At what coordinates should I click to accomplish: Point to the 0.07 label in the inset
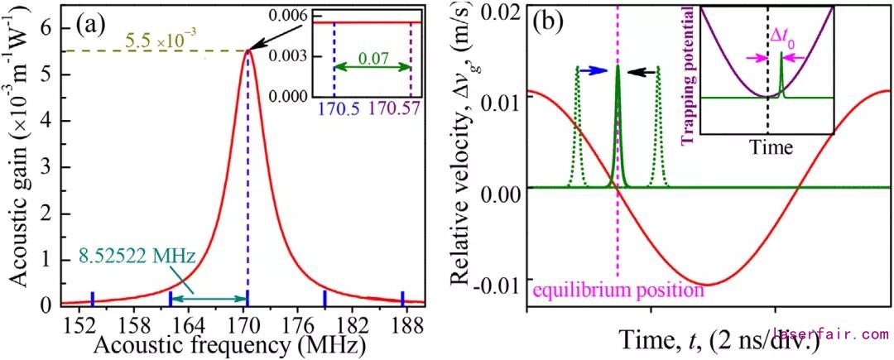tap(371, 64)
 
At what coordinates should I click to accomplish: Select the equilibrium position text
tap(618, 290)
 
